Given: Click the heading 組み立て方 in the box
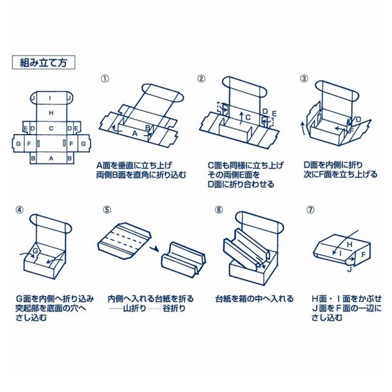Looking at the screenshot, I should pyautogui.click(x=44, y=63).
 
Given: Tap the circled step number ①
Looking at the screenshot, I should pyautogui.click(x=105, y=78).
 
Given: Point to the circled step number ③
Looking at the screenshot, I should pyautogui.click(x=304, y=78).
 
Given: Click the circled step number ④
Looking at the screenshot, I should pyautogui.click(x=20, y=210).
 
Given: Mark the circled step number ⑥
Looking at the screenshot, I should pyautogui.click(x=219, y=210).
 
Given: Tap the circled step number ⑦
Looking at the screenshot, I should pyautogui.click(x=310, y=210).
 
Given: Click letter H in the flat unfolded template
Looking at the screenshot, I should pyautogui.click(x=51, y=113).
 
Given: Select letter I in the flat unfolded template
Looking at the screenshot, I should pyautogui.click(x=51, y=98).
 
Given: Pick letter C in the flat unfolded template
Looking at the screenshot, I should pyautogui.click(x=51, y=128).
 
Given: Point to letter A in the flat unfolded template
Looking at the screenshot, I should pyautogui.click(x=51, y=158).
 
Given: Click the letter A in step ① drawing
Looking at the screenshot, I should pyautogui.click(x=135, y=133).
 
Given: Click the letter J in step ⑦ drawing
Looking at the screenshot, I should pyautogui.click(x=349, y=269).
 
